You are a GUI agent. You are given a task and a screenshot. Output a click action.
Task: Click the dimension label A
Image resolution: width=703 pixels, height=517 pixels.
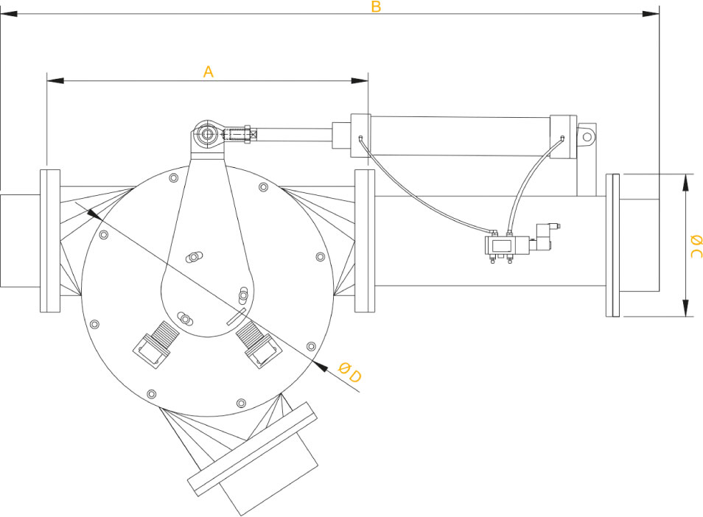[208, 71]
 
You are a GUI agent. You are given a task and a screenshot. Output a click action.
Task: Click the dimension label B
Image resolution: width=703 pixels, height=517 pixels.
[376, 7]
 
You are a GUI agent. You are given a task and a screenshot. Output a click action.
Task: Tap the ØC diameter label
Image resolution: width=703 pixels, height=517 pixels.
[696, 246]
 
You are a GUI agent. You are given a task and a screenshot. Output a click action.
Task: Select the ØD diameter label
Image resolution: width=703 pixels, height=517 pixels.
[349, 373]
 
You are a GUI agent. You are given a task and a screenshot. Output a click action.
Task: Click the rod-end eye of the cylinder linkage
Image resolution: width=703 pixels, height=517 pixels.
[207, 133]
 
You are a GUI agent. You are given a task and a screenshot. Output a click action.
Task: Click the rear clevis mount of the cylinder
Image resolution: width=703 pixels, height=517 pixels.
[587, 135]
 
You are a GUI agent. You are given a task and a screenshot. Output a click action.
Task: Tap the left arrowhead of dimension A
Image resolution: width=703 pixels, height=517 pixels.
[55, 80]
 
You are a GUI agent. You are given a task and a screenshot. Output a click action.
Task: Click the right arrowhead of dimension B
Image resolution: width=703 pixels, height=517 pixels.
[651, 14]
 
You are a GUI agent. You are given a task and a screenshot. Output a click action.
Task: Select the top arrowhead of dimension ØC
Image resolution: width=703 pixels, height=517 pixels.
[685, 183]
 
